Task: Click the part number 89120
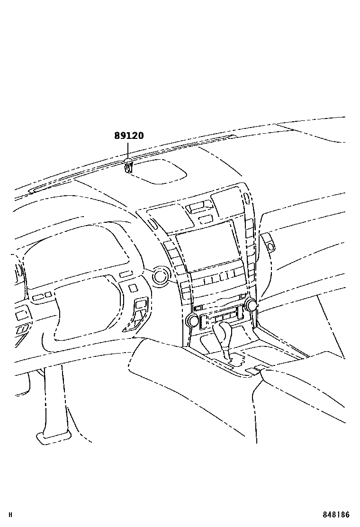coord(129,136)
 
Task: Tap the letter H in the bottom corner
coord(11,515)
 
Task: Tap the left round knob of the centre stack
coord(193,320)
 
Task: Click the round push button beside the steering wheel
coord(160,276)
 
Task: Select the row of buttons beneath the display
coord(216,278)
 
